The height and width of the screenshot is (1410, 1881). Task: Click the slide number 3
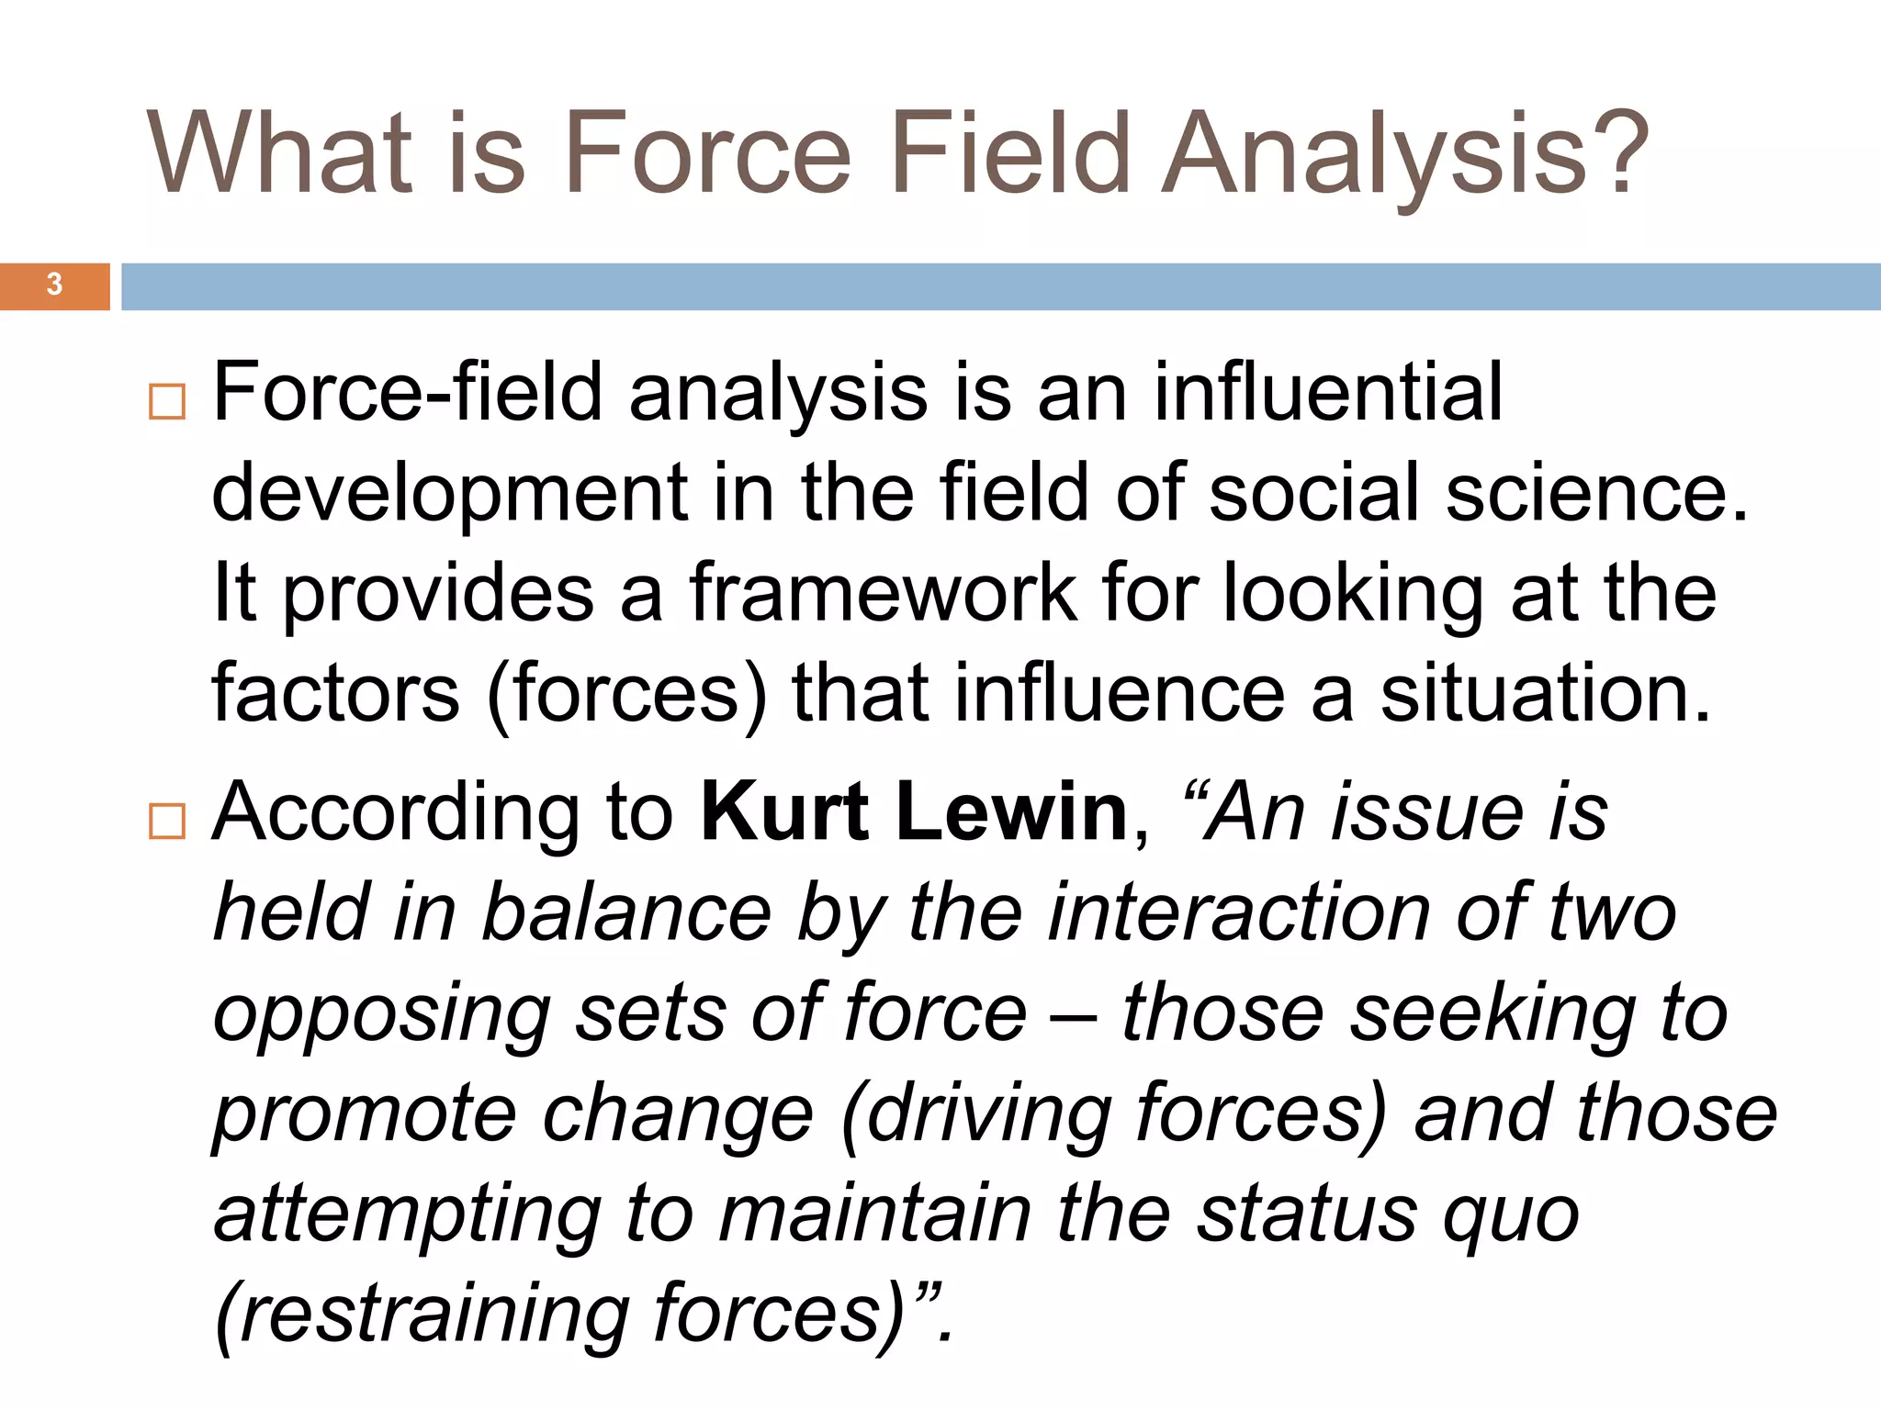click(54, 285)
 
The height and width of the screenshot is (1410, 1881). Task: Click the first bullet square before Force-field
click(166, 401)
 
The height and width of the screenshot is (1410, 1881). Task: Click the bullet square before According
click(166, 821)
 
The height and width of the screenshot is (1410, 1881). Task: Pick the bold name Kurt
click(785, 811)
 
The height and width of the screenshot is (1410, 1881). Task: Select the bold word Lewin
click(1011, 811)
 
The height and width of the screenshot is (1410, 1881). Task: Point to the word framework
click(882, 593)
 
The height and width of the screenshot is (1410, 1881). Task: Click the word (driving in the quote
click(974, 1115)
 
